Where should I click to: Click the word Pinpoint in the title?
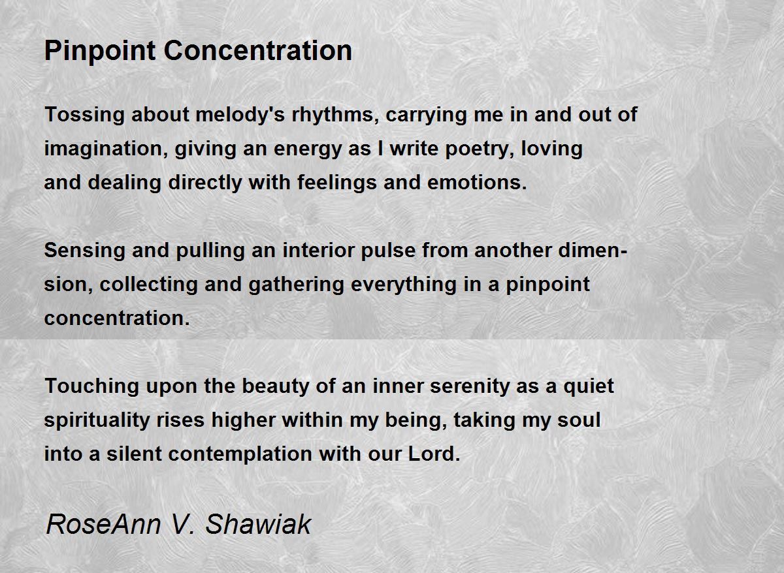pyautogui.click(x=100, y=52)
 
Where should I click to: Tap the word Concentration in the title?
pyautogui.click(x=258, y=51)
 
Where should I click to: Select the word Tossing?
pyautogui.click(x=85, y=115)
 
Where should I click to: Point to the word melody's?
pyautogui.click(x=240, y=115)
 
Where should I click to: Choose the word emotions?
pyautogui.click(x=477, y=183)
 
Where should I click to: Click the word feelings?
pyautogui.click(x=337, y=183)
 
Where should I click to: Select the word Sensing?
pyautogui.click(x=85, y=251)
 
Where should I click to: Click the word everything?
pyautogui.click(x=404, y=285)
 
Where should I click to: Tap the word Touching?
pyautogui.click(x=91, y=386)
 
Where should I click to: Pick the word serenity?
pyautogui.click(x=469, y=386)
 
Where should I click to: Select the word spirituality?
pyautogui.click(x=97, y=420)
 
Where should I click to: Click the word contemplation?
pyautogui.click(x=240, y=454)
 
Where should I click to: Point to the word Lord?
pyautogui.click(x=434, y=454)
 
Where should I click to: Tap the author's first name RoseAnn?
pyautogui.click(x=104, y=525)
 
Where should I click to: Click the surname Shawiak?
pyautogui.click(x=258, y=524)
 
